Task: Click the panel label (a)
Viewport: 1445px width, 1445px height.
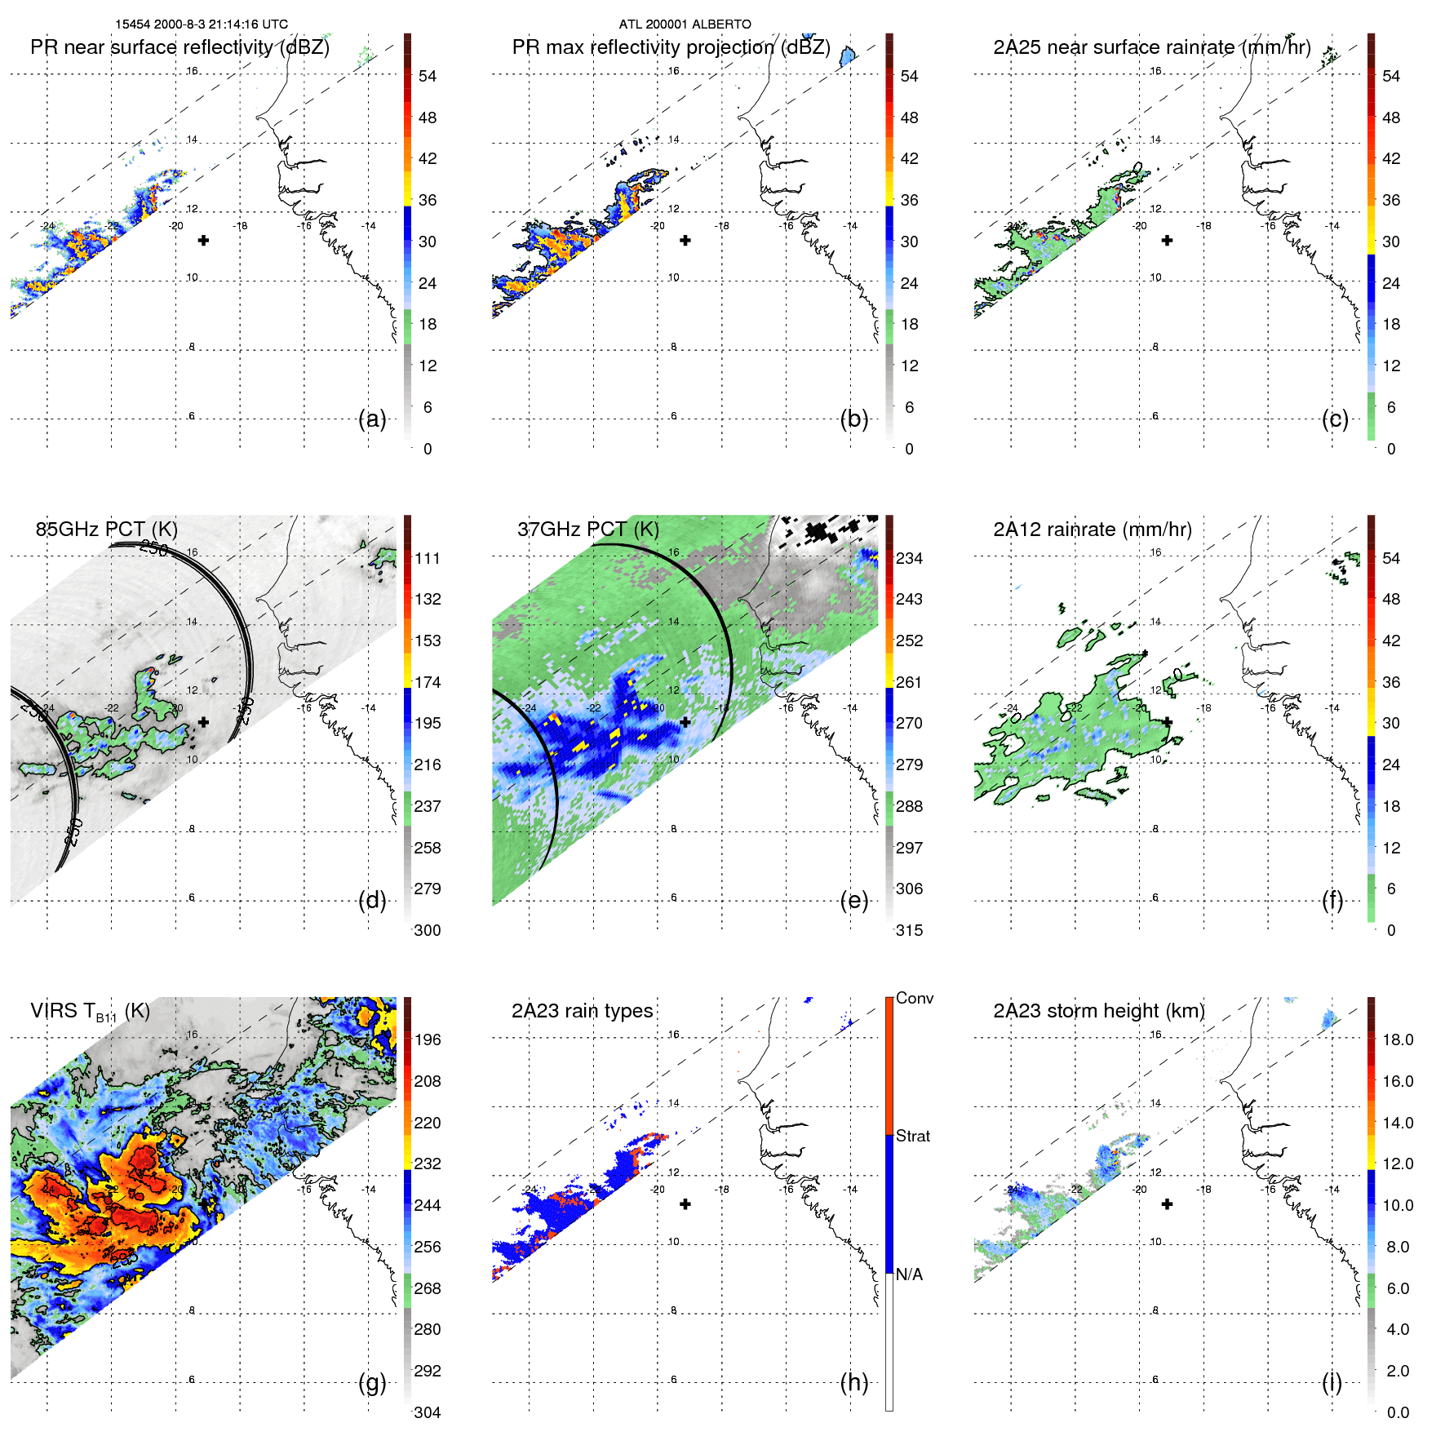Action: click(372, 419)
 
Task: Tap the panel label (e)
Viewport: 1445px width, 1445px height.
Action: click(853, 901)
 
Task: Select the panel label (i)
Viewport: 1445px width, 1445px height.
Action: click(1332, 1383)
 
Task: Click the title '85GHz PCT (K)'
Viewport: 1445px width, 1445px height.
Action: click(106, 530)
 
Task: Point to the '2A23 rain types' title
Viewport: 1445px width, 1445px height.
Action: click(582, 1011)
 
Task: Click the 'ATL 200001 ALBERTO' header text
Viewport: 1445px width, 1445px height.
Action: click(685, 24)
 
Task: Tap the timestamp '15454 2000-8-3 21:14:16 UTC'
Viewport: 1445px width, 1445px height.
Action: click(202, 24)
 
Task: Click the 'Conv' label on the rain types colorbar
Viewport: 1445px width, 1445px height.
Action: click(914, 998)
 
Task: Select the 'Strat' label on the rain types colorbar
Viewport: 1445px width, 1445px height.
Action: click(912, 1136)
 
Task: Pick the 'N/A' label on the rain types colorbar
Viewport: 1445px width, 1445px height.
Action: click(909, 1274)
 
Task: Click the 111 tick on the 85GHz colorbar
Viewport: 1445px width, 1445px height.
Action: click(427, 559)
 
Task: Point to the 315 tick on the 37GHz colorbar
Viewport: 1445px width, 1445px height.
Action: click(909, 930)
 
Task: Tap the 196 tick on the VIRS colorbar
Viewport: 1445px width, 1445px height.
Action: click(427, 1040)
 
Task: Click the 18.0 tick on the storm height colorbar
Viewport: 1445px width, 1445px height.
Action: click(1397, 1040)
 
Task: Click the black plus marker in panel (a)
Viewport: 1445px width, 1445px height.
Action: click(203, 241)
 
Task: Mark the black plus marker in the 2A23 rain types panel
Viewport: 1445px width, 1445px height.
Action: click(685, 1204)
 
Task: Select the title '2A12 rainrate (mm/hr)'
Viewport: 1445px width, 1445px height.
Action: click(1092, 530)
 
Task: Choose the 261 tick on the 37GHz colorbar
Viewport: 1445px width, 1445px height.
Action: click(909, 682)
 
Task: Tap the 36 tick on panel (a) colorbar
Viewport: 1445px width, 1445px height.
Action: click(427, 200)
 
